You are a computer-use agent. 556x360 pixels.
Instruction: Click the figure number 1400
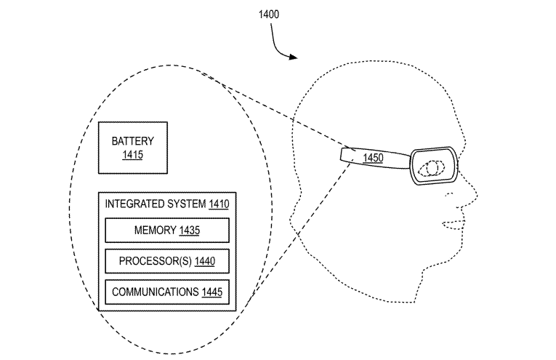click(267, 14)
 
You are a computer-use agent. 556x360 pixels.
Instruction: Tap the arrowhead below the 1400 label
click(294, 57)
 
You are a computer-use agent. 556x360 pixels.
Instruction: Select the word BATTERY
click(132, 141)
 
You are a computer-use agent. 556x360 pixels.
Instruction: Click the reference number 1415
click(132, 154)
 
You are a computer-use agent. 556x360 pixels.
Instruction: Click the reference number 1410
click(218, 204)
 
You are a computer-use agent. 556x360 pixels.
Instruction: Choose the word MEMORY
click(154, 231)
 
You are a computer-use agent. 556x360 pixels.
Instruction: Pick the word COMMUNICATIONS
click(153, 292)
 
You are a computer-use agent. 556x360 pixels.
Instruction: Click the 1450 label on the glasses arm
click(374, 158)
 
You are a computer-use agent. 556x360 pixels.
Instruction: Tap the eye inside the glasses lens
click(433, 168)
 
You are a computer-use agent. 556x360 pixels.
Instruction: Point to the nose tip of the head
click(478, 194)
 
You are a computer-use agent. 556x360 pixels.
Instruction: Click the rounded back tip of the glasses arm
click(342, 154)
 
